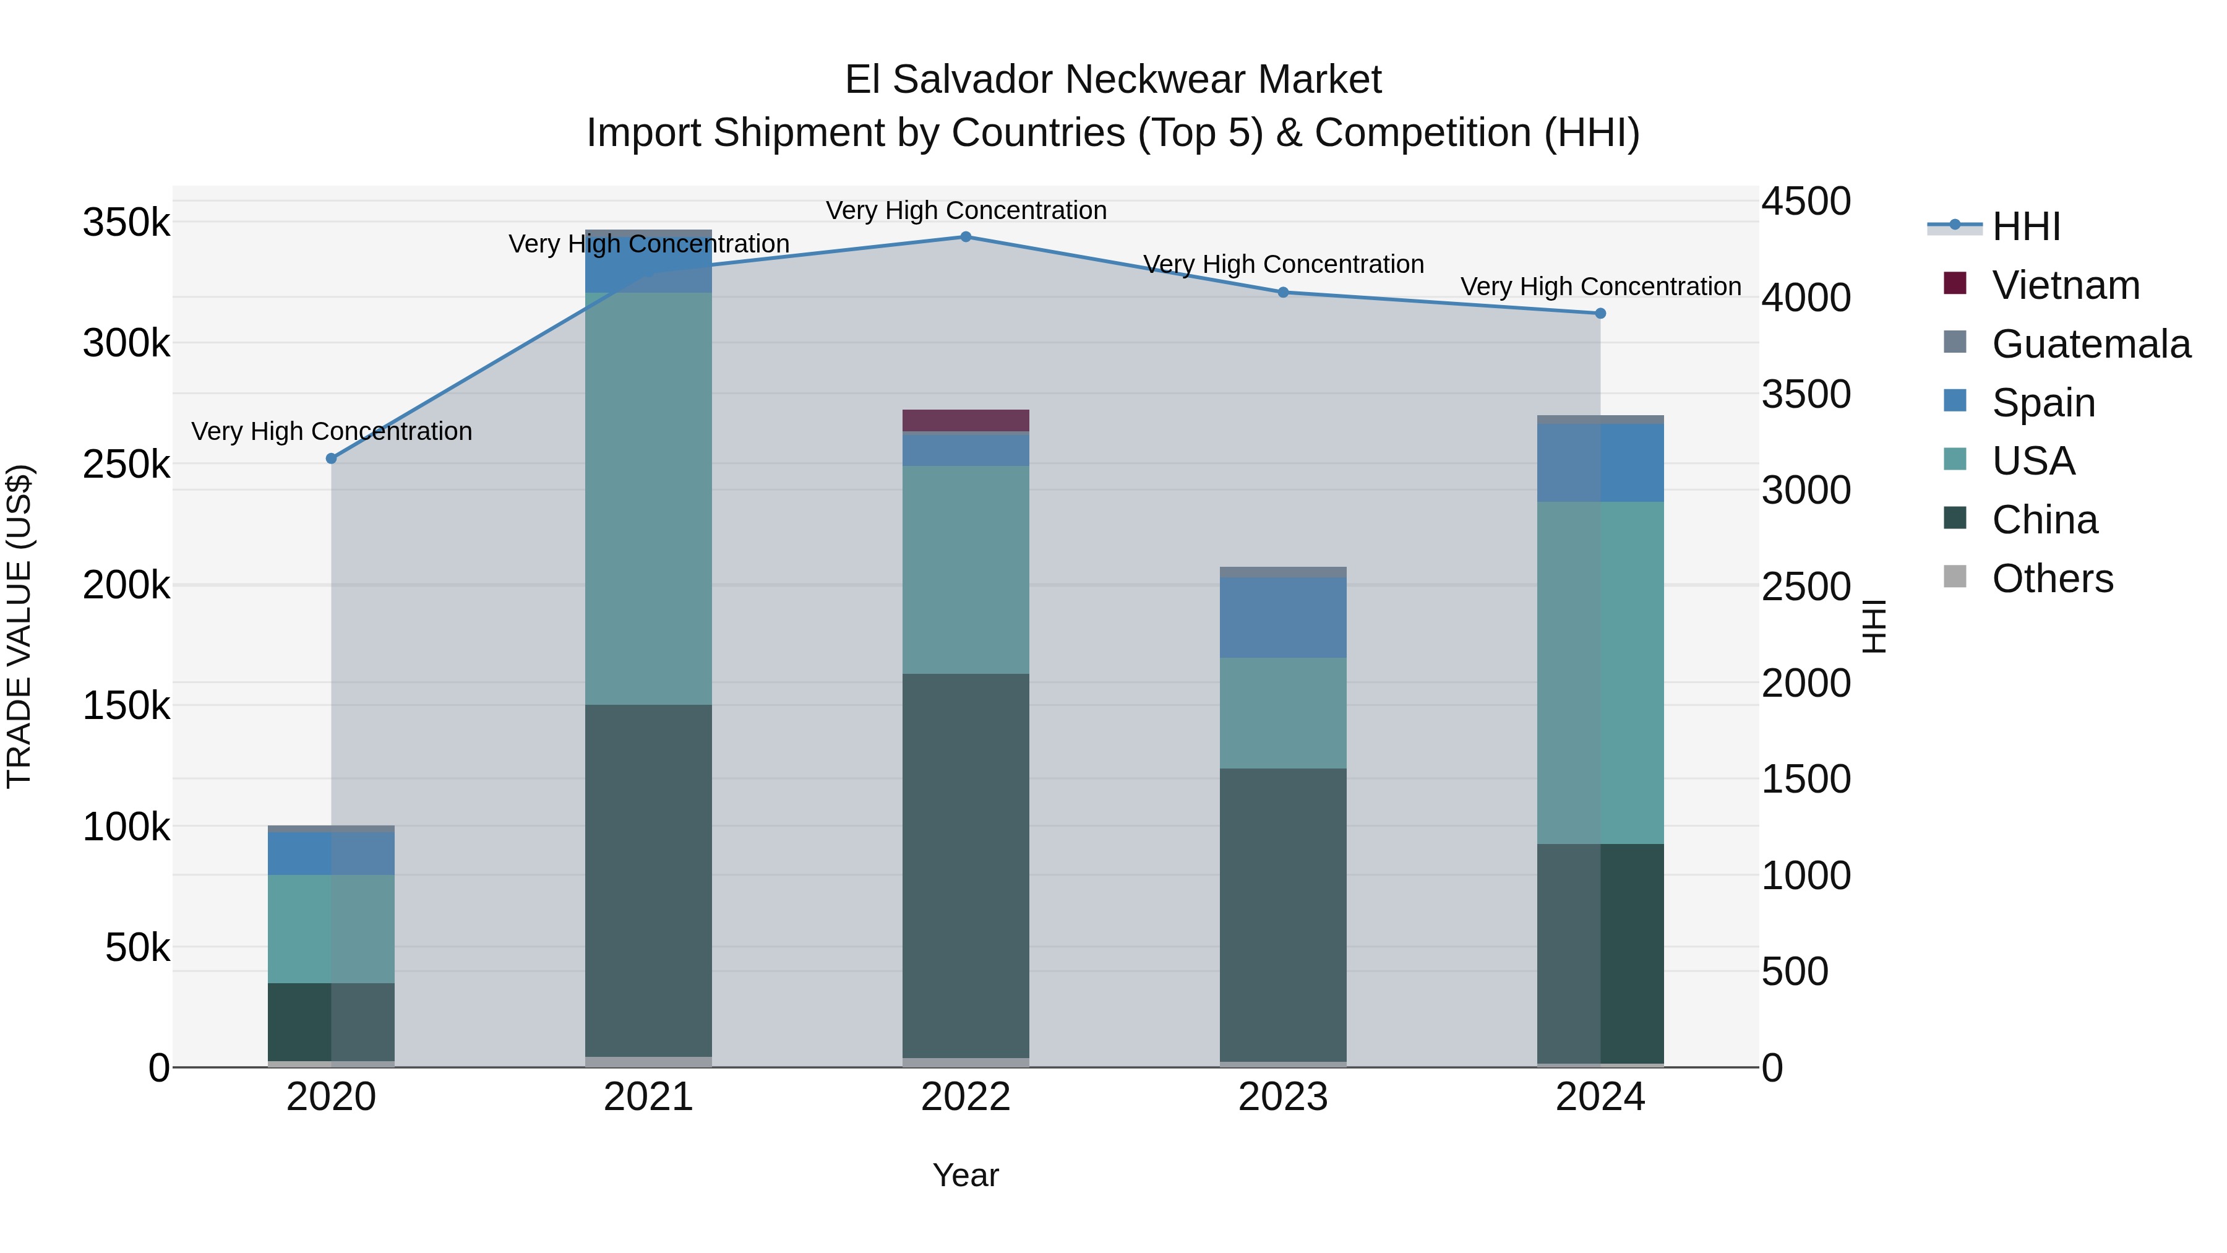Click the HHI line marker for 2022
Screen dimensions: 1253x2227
[x=966, y=237]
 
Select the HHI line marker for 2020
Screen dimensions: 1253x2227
[x=331, y=459]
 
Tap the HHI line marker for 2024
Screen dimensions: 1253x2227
[x=1600, y=313]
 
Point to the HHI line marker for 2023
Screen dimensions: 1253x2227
[x=1283, y=292]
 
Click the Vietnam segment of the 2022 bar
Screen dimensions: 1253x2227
[x=966, y=420]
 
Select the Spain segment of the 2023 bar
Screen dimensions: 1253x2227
[x=1283, y=618]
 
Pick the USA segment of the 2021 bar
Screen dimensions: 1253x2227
[x=648, y=498]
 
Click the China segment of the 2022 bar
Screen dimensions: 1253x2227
[x=966, y=865]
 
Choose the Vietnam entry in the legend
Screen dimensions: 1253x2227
[x=2066, y=285]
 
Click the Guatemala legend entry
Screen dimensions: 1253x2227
[x=2090, y=344]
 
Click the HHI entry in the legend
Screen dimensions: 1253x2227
[x=2025, y=226]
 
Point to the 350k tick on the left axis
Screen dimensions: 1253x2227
[x=126, y=223]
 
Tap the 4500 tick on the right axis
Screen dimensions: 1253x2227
[x=1806, y=202]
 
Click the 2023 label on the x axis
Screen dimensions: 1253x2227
[x=1283, y=1097]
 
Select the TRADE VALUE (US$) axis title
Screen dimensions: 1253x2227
[x=19, y=626]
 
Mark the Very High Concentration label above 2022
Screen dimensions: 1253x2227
[x=966, y=210]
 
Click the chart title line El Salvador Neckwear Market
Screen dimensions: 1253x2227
[x=1113, y=80]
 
